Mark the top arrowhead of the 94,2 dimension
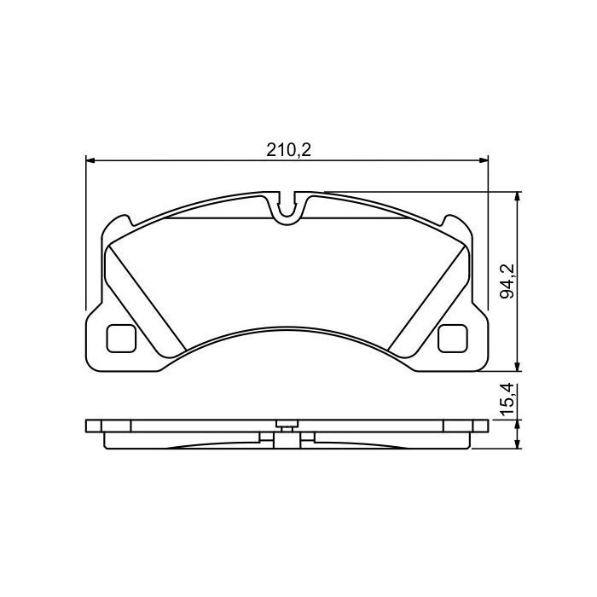[519, 197]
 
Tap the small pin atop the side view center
[285, 422]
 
